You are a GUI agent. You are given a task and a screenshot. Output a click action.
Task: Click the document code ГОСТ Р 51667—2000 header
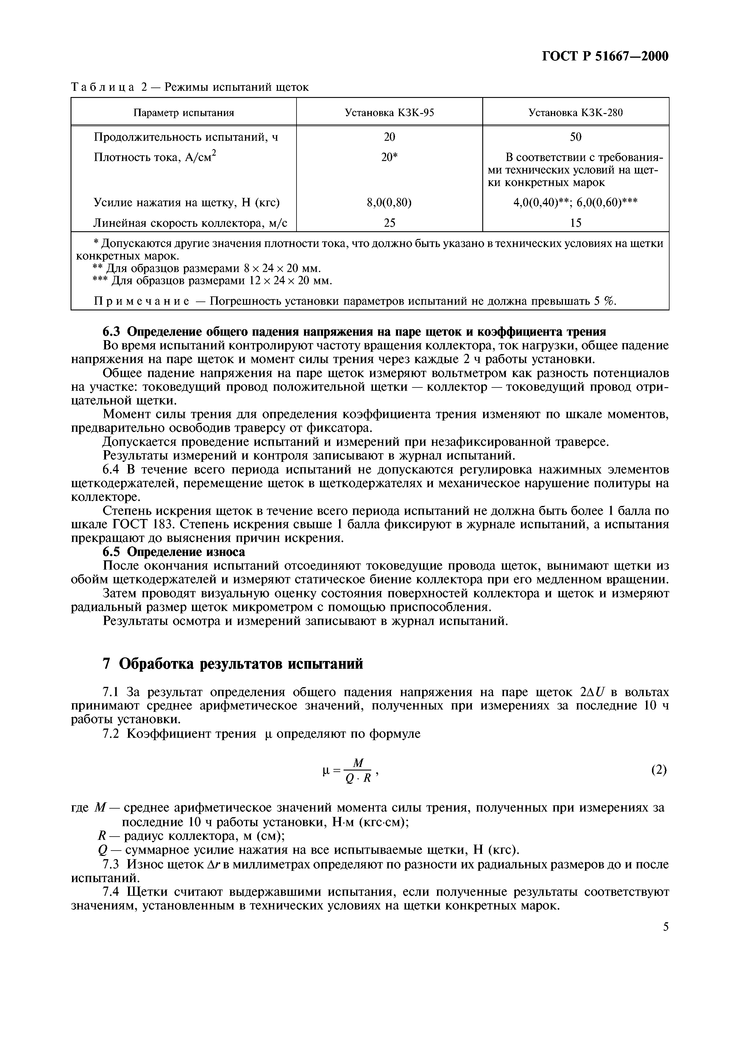click(x=605, y=56)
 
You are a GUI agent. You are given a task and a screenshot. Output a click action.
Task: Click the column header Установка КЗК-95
click(x=389, y=112)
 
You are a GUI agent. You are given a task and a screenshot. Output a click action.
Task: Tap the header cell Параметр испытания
click(x=183, y=112)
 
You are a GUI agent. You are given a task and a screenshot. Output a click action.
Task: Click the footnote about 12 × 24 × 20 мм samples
click(x=212, y=281)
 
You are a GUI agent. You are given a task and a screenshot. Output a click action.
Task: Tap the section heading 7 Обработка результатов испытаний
click(x=233, y=664)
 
